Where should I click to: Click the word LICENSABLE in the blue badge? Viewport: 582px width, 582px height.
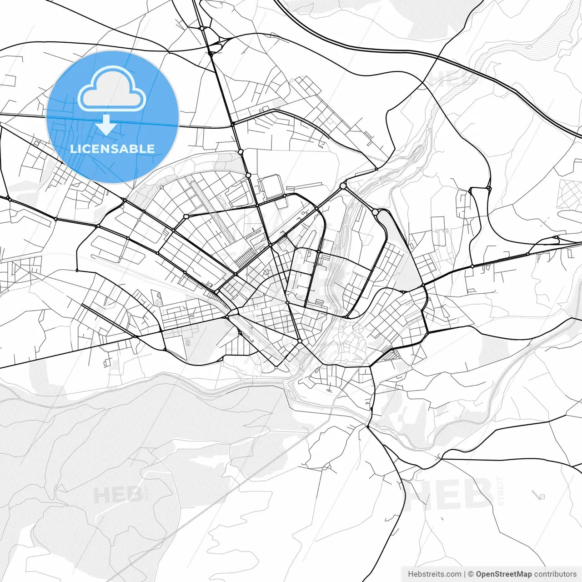click(112, 149)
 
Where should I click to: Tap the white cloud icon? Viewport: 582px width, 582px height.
click(112, 89)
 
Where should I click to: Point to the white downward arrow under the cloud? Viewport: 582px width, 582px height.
click(106, 125)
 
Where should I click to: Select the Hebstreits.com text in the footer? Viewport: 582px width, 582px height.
click(434, 574)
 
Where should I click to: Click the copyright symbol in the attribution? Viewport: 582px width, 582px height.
click(471, 574)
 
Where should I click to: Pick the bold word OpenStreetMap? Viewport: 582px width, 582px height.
click(504, 574)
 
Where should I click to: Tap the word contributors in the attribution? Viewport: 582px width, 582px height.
click(555, 574)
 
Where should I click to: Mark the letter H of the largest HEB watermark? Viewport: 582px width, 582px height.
click(424, 494)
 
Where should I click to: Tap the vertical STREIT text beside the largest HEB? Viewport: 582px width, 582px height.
click(501, 491)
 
